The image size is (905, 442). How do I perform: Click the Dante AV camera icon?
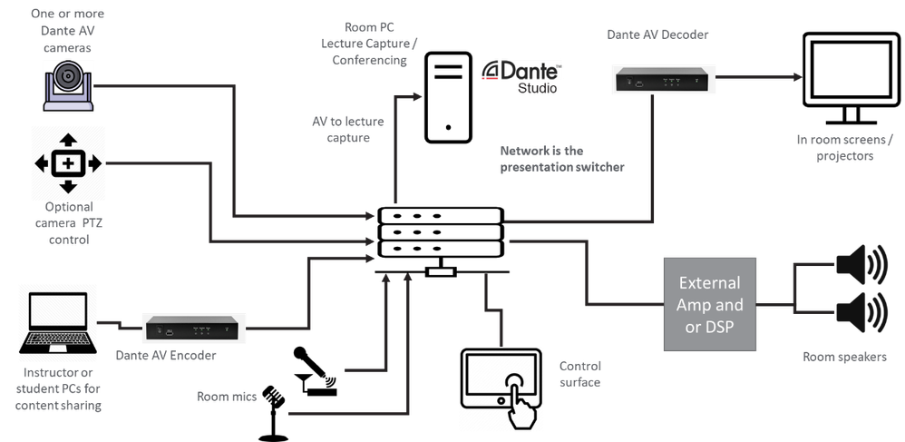68,85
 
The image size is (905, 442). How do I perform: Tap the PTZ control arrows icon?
68,163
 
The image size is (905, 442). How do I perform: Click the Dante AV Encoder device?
192,328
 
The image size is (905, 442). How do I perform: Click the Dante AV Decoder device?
662,80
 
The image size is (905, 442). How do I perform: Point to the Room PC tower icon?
448,97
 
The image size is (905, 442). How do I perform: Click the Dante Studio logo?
522,77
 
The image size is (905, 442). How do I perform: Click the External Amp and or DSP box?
709,304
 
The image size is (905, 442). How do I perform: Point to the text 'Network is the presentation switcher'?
561,159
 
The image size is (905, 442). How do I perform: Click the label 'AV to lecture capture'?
348,130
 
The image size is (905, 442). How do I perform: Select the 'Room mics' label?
227,397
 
